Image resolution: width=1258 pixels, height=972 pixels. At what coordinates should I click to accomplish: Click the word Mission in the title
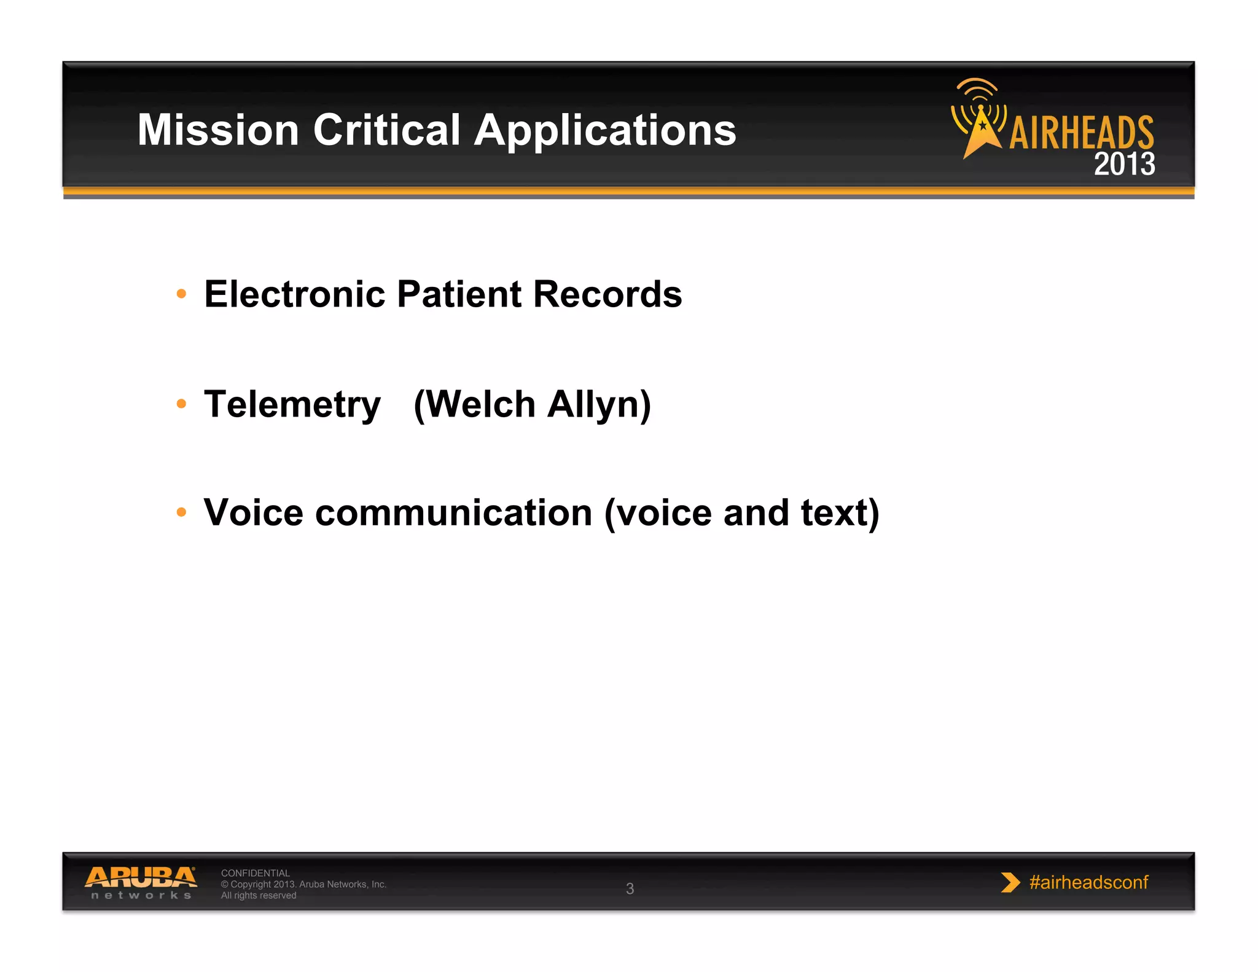(217, 130)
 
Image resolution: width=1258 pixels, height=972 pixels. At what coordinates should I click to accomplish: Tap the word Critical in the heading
(386, 130)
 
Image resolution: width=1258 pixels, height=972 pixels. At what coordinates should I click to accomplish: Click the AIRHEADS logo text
(1081, 133)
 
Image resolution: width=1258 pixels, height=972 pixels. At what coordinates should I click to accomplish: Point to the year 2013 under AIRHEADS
(1124, 164)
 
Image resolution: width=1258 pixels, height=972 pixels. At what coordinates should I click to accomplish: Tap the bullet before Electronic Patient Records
(181, 294)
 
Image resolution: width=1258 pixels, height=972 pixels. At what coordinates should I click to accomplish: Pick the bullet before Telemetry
(181, 404)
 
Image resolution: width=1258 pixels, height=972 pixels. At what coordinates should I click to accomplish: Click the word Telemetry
(292, 405)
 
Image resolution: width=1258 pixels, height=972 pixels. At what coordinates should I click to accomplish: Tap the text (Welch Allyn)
(532, 405)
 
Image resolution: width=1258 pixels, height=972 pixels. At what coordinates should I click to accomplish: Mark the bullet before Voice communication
(181, 512)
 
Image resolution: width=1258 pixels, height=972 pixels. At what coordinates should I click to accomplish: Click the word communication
(453, 513)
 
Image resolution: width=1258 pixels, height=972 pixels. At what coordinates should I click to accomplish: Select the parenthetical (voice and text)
(741, 513)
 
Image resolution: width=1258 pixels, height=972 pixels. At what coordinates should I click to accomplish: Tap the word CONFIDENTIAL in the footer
(255, 873)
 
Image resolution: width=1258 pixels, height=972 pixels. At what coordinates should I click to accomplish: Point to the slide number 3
(630, 888)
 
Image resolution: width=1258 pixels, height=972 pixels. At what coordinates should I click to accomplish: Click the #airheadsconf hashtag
(1088, 882)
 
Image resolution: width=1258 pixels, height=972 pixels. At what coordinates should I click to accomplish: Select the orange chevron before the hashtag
(1009, 882)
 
